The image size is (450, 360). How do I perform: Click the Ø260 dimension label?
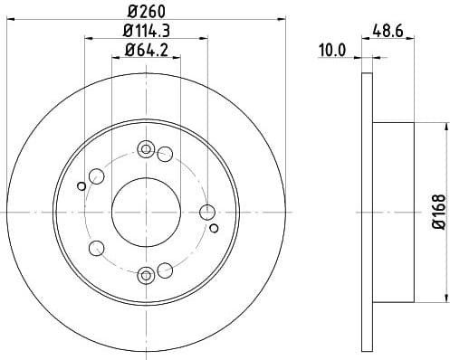pyautogui.click(x=146, y=13)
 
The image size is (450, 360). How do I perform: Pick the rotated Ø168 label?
pyautogui.click(x=437, y=210)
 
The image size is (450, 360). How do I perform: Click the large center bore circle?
pyautogui.click(x=145, y=211)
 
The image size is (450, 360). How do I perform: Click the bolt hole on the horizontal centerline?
pyautogui.click(x=206, y=212)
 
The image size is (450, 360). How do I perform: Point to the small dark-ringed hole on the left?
pyautogui.click(x=81, y=186)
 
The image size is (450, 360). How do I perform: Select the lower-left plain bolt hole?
pyautogui.click(x=97, y=246)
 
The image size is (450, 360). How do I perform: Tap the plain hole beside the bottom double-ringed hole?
pyautogui.click(x=164, y=270)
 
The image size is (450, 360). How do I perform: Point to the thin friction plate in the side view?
pyautogui.click(x=365, y=210)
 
